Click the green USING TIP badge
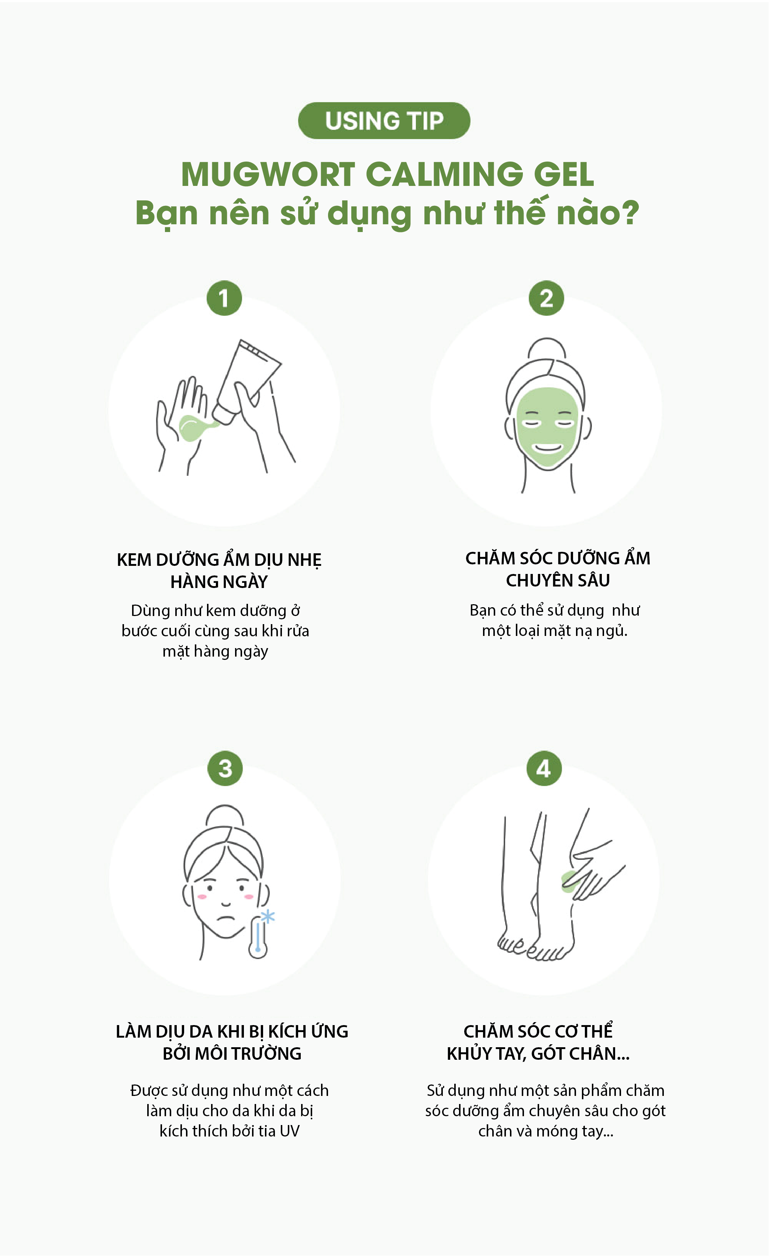click(384, 121)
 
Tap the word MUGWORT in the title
click(268, 174)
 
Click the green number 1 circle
click(224, 298)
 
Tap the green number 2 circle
click(546, 298)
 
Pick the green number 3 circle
click(225, 768)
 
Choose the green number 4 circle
click(544, 768)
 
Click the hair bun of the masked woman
click(546, 349)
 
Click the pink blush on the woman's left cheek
click(249, 897)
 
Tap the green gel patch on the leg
click(570, 881)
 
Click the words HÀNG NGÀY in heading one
click(219, 582)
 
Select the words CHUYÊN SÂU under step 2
click(558, 581)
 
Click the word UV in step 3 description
click(290, 1131)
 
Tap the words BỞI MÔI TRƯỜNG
click(232, 1053)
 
